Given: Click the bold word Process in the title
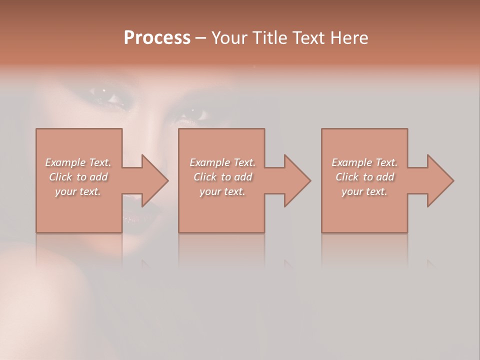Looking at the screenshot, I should (157, 38).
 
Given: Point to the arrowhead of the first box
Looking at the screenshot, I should (152, 180).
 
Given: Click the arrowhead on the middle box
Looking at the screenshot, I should (295, 180).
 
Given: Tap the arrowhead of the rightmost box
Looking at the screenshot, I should (438, 180).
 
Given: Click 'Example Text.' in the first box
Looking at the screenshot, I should (78, 162).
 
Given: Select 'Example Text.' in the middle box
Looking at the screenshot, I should (222, 162).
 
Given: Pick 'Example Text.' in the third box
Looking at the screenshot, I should (364, 162).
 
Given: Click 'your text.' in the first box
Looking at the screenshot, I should (78, 191).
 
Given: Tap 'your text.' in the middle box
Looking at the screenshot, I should (222, 191).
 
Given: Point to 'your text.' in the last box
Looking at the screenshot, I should (364, 191).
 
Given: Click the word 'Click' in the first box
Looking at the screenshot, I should (60, 177).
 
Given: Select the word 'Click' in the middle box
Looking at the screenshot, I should (205, 177).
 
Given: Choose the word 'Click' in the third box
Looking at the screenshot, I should (347, 177).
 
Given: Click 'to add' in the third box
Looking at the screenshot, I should (378, 177).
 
